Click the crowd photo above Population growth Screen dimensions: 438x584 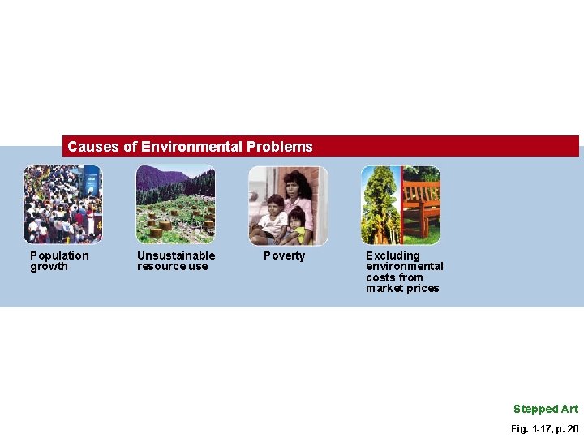point(62,204)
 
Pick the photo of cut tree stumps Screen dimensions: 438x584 point(175,204)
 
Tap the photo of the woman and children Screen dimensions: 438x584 point(288,204)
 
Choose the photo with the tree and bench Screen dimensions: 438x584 point(401,204)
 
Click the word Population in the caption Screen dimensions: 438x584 point(59,255)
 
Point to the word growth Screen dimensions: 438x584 point(49,267)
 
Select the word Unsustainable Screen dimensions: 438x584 point(176,255)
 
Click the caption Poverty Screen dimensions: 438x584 point(285,256)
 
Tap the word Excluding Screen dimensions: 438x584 point(393,255)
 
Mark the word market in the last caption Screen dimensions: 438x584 point(384,289)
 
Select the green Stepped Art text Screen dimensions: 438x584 point(545,409)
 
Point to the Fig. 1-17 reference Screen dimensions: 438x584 point(530,428)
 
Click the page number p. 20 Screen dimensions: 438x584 point(567,428)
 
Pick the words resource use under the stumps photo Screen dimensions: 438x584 point(172,267)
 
